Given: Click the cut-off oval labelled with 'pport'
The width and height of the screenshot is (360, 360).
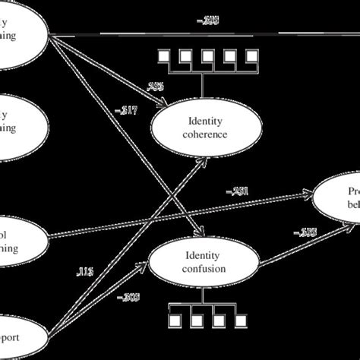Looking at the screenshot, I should (x=19, y=335).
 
